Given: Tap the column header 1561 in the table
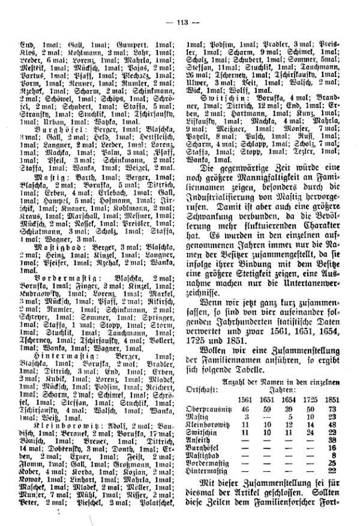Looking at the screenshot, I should (x=245, y=399).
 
